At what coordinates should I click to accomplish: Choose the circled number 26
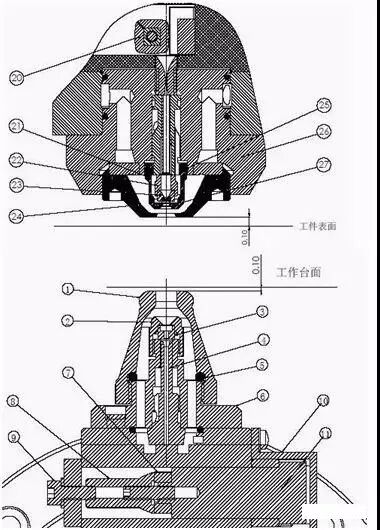click(x=323, y=131)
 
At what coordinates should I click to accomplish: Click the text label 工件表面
click(x=317, y=227)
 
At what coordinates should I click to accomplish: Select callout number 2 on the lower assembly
click(x=68, y=320)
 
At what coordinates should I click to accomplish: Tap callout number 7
click(x=68, y=373)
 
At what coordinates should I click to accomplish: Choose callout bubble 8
click(x=13, y=401)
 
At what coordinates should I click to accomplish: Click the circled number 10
click(x=323, y=401)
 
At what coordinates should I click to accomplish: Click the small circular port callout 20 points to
click(x=152, y=36)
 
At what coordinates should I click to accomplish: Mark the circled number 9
click(x=13, y=437)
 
